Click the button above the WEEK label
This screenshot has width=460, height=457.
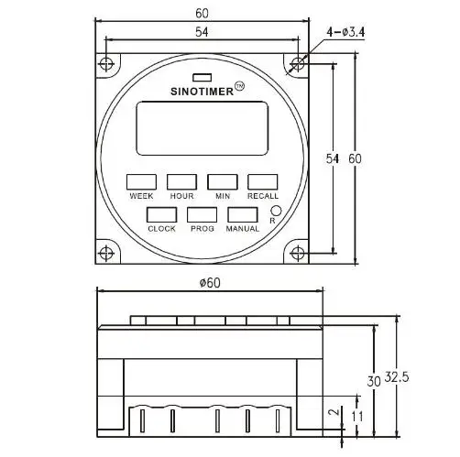tap(141, 182)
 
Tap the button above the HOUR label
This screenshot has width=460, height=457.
tap(181, 182)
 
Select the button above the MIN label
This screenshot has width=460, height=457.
tap(223, 182)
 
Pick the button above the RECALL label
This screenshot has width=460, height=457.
tap(263, 182)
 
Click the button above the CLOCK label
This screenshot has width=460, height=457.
tap(161, 214)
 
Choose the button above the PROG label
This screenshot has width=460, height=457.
tap(202, 214)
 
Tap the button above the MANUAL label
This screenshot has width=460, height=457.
tap(243, 214)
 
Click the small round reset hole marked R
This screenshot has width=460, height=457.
tap(277, 211)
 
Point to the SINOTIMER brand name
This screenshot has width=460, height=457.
tap(202, 92)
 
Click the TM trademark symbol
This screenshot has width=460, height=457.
tap(239, 86)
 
